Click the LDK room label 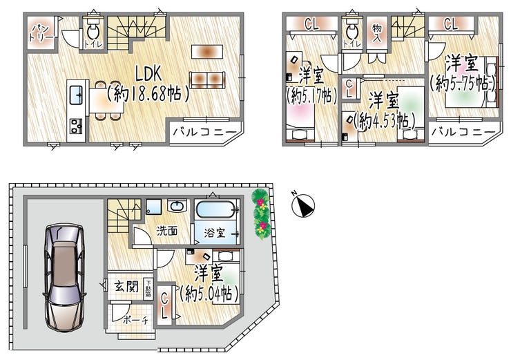pos(148,74)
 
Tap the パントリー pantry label pos(41,33)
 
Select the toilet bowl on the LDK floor pos(93,32)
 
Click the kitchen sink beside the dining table pos(77,94)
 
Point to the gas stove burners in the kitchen pos(76,126)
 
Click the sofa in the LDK pos(207,80)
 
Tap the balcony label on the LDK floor pos(204,132)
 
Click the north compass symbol pos(303,205)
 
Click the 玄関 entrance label pos(126,287)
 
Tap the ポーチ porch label pos(135,320)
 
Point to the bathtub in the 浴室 pos(215,209)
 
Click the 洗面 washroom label pos(167,231)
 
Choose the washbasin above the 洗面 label pos(177,206)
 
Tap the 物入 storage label pos(377,33)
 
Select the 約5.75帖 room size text pos(463,83)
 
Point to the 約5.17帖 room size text pos(312,95)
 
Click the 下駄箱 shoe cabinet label pos(148,289)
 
